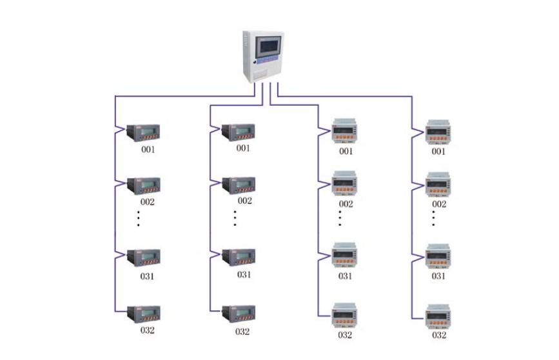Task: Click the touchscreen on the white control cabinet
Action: (x=268, y=47)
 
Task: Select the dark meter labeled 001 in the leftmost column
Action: (x=142, y=132)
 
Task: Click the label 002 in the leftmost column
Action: (x=148, y=201)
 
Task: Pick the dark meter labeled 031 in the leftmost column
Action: (x=142, y=257)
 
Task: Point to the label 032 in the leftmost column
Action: (x=148, y=330)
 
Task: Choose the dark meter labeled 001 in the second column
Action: (x=239, y=132)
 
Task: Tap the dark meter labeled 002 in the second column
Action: (x=239, y=186)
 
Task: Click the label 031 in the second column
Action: (x=244, y=275)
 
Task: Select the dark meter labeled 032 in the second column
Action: (x=239, y=314)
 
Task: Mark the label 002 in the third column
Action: (x=346, y=204)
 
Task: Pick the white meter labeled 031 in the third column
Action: (x=346, y=256)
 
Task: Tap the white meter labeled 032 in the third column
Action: (x=346, y=315)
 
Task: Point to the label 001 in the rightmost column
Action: (x=439, y=152)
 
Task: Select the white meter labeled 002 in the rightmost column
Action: (x=439, y=185)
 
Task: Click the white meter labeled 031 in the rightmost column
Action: (x=439, y=256)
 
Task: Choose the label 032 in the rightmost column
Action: (x=439, y=335)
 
